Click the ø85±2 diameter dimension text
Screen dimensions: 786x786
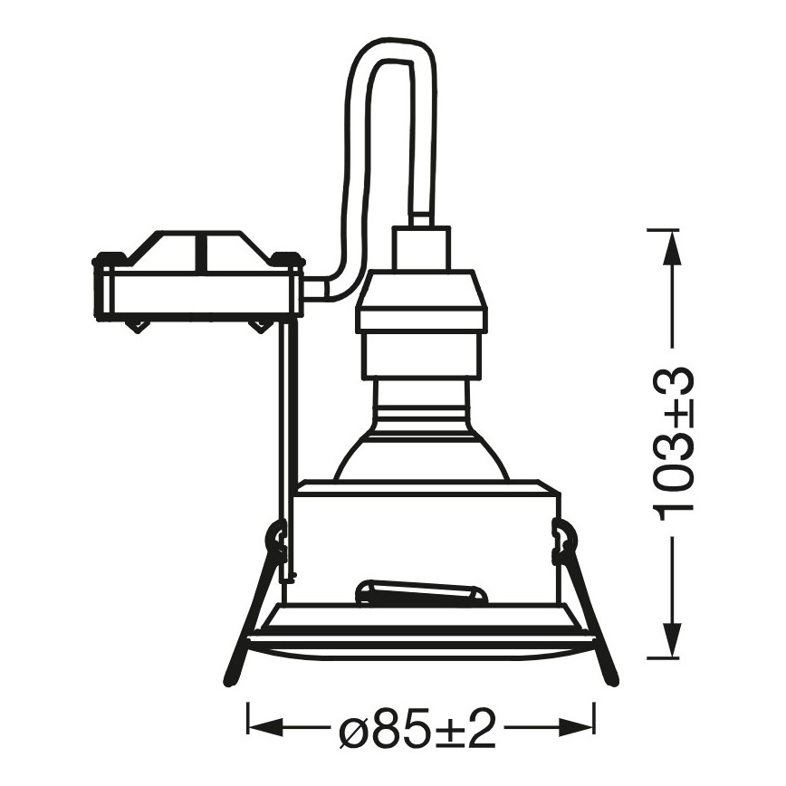click(420, 727)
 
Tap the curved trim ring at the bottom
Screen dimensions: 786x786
click(421, 643)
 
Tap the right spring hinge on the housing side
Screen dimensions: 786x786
click(563, 542)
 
